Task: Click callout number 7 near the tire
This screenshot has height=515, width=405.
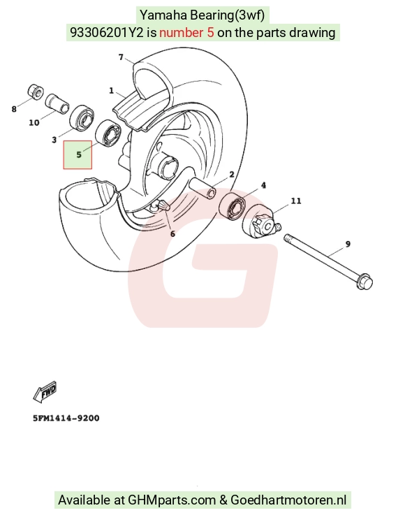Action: (121, 57)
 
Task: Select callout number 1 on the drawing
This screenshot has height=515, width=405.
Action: (112, 90)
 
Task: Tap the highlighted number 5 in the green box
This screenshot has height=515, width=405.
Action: (79, 154)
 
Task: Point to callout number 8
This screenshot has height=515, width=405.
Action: (14, 109)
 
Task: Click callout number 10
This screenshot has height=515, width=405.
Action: (34, 122)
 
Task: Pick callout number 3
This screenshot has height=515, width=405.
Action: (54, 140)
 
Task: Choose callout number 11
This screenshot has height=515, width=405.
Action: (296, 201)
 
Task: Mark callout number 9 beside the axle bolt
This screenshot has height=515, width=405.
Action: (348, 244)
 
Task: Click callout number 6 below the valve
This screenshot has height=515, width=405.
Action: (172, 233)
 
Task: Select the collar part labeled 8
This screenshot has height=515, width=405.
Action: (35, 92)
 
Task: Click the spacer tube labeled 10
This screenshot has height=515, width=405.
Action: (57, 103)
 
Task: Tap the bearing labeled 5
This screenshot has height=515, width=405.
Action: (108, 133)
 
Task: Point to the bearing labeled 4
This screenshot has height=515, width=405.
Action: (233, 207)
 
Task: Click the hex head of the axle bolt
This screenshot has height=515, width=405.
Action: (364, 282)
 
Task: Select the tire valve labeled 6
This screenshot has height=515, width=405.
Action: (161, 206)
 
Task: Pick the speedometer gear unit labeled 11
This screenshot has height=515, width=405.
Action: (261, 222)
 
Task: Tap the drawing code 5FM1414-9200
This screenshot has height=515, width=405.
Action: (66, 418)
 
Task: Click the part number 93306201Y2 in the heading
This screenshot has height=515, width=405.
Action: (107, 33)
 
